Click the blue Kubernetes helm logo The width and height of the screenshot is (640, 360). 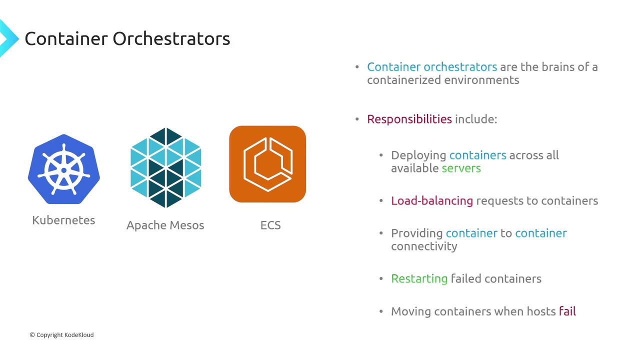click(63, 169)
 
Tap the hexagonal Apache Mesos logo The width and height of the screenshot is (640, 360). click(165, 167)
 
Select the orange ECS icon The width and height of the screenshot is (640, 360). click(267, 164)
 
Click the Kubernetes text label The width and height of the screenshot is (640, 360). click(63, 220)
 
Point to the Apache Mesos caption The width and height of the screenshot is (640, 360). click(165, 225)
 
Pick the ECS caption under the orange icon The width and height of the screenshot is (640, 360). click(270, 225)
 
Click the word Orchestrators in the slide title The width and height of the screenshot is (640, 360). click(171, 39)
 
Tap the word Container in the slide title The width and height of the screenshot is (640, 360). click(66, 39)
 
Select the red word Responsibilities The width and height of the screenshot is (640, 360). click(409, 119)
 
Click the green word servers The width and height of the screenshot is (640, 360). click(461, 168)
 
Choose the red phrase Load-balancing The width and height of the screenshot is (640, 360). click(432, 201)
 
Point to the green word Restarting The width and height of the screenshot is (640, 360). click(419, 279)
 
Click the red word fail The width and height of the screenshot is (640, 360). click(567, 311)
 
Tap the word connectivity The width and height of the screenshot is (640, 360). click(424, 246)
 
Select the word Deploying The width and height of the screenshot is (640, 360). click(418, 155)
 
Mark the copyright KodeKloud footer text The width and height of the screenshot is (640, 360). click(61, 335)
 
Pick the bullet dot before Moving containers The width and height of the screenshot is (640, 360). click(381, 311)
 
